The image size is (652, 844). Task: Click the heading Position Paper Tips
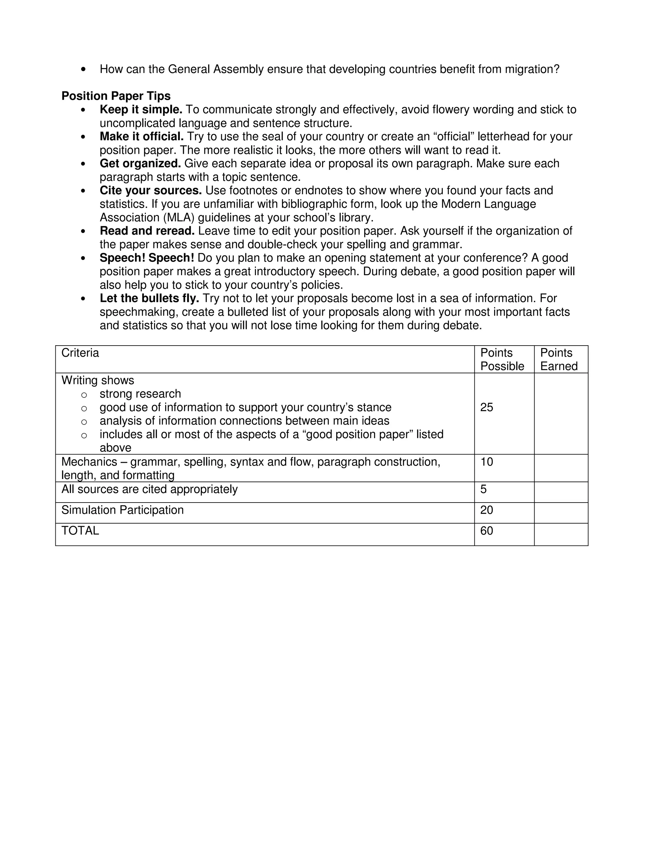116,96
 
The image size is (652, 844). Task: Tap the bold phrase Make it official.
141,136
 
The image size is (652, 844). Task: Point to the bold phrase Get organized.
140,163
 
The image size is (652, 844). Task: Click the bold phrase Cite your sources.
151,190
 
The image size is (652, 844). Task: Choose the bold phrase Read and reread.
147,231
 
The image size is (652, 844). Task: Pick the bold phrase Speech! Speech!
147,258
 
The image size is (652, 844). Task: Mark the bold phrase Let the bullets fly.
149,298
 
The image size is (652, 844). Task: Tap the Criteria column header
80,353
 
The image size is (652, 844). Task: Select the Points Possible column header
502,359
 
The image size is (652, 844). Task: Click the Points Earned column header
558,359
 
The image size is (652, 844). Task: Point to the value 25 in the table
487,407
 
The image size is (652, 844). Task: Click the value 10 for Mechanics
487,462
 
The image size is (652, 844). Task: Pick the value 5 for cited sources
484,489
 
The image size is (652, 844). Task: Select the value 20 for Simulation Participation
487,510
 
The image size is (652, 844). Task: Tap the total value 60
487,531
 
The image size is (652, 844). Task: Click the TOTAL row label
80,531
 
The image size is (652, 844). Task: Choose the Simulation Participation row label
123,510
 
